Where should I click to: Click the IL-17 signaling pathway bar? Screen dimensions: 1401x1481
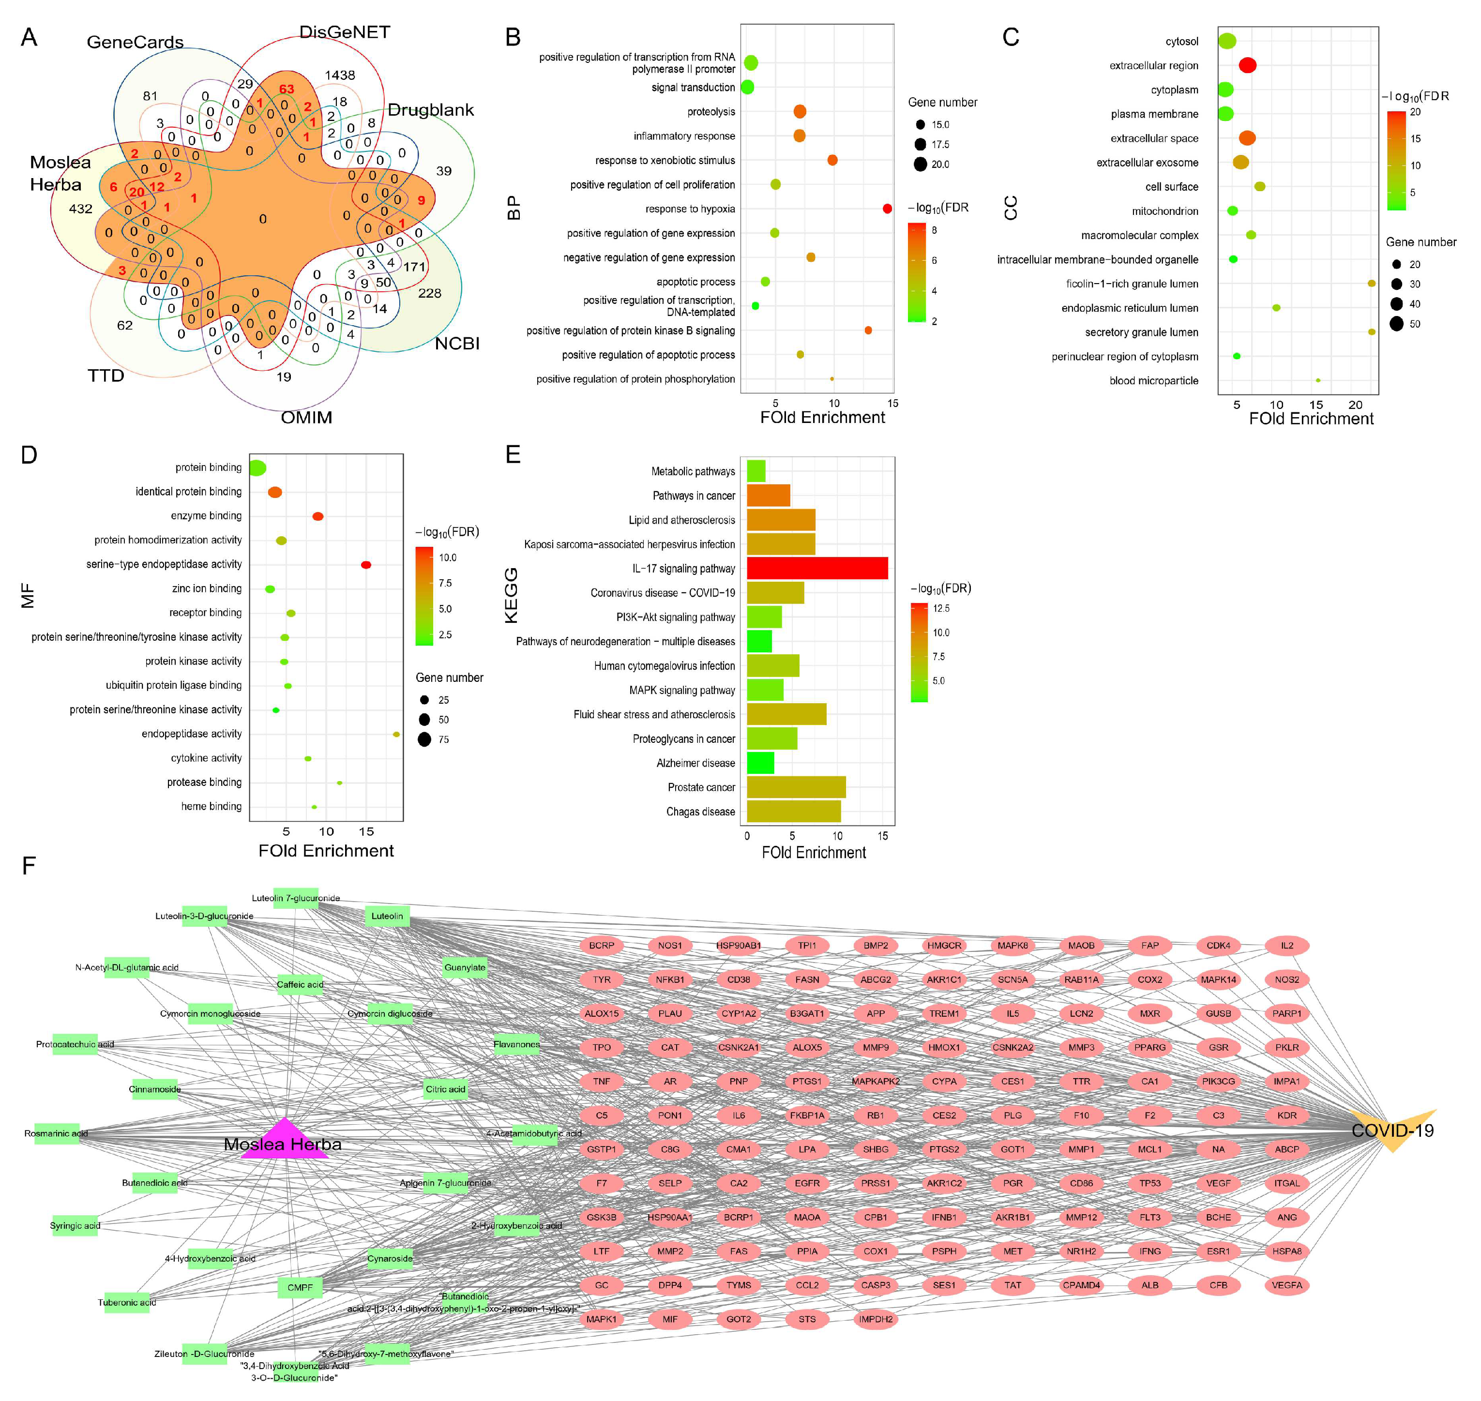tap(816, 568)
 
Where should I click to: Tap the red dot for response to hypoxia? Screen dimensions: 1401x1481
tap(887, 209)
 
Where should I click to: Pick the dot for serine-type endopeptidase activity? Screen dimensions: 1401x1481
tap(365, 565)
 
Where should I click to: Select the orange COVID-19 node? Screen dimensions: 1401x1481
tap(1393, 1130)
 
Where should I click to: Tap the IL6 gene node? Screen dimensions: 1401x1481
tap(738, 1115)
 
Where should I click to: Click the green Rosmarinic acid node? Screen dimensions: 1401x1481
tap(56, 1134)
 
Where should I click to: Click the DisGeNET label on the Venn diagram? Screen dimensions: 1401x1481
tap(344, 32)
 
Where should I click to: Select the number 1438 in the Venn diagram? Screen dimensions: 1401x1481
tap(340, 75)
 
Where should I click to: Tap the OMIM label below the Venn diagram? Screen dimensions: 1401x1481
tap(306, 418)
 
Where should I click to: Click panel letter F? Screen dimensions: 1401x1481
tap(29, 866)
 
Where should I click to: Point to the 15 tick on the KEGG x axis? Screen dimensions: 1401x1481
tap(883, 836)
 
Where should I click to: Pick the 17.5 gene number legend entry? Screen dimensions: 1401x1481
tap(939, 145)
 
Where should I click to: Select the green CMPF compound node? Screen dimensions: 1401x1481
tap(300, 1287)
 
